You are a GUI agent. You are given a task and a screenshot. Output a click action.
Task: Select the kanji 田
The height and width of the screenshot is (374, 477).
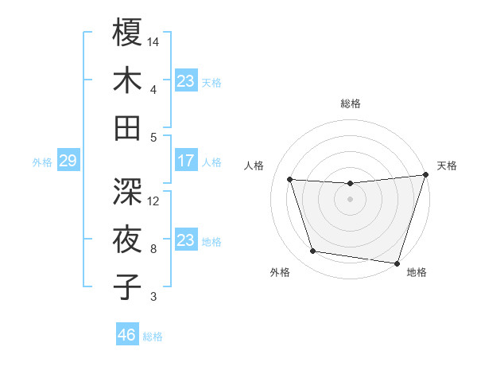(x=128, y=128)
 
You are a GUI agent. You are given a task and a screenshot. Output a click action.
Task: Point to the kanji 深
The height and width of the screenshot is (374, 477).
(x=128, y=191)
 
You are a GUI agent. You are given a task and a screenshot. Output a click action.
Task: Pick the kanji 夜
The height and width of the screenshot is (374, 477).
(x=128, y=239)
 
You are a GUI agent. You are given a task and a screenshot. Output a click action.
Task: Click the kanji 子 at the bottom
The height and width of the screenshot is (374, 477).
(x=128, y=286)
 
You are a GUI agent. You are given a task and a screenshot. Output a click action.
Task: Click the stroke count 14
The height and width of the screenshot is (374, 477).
(x=154, y=41)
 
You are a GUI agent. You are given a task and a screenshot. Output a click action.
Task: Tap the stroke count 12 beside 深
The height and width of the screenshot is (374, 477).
(x=154, y=201)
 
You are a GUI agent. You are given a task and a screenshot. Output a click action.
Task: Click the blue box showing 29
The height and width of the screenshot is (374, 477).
(x=67, y=162)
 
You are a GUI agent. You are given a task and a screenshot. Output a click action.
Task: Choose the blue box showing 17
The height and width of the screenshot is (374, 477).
(x=185, y=161)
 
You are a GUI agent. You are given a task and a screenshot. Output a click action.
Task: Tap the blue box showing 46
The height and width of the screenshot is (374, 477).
(x=126, y=335)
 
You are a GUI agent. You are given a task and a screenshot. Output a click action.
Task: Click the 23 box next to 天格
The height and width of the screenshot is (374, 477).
(x=185, y=80)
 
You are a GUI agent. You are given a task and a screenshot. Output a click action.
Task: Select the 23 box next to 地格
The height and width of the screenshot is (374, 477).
(x=185, y=240)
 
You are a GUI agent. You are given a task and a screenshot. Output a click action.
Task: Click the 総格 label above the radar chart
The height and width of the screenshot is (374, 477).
(x=351, y=103)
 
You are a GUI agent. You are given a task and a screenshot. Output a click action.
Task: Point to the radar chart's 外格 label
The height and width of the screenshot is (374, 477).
(x=280, y=272)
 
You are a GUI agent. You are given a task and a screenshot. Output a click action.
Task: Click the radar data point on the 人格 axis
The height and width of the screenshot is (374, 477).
(x=290, y=180)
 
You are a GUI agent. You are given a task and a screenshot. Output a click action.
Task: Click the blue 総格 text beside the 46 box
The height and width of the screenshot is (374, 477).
(x=153, y=337)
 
